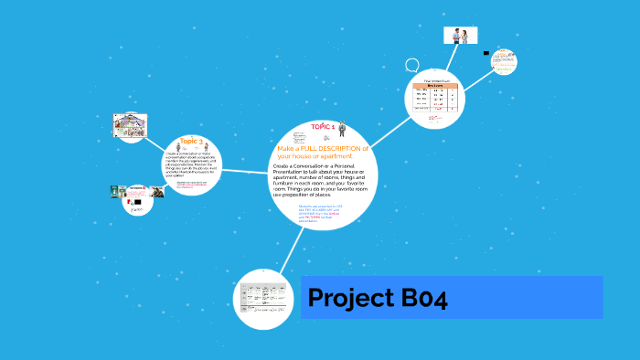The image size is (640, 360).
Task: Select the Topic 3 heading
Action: (x=192, y=142)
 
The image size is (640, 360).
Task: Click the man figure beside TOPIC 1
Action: (x=342, y=128)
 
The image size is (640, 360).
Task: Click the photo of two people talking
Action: (x=460, y=36)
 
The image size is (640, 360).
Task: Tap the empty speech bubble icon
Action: (x=412, y=66)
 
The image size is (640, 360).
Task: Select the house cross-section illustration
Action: (x=131, y=126)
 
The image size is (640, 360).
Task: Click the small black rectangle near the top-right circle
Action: (x=486, y=53)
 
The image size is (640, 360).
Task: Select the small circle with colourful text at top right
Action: (x=502, y=62)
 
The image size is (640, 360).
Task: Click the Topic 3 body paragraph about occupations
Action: (x=192, y=164)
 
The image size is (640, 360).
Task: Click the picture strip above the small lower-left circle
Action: (x=136, y=192)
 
